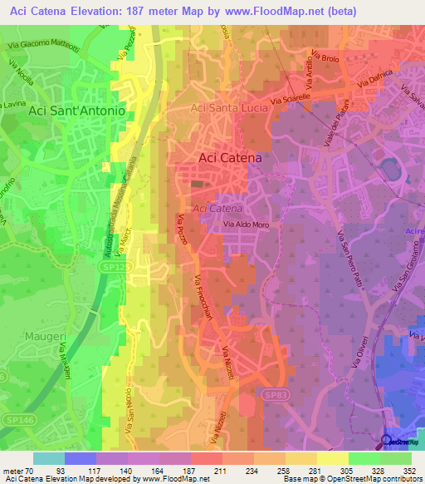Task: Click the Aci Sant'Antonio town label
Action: point(76,110)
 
